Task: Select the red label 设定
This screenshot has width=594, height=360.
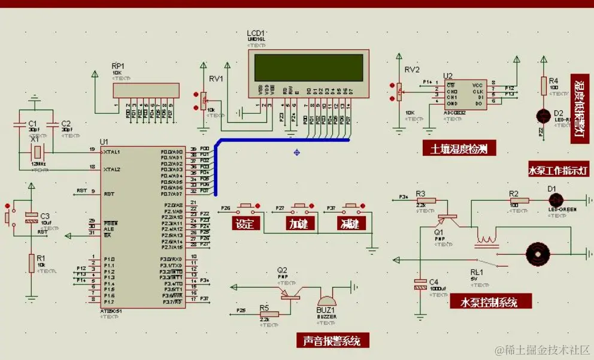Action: coord(246,225)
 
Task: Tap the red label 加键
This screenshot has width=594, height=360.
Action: coord(298,225)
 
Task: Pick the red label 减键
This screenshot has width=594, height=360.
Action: coord(349,225)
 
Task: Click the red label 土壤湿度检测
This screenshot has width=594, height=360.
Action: coord(459,149)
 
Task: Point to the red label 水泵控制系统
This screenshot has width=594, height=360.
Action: coord(489,301)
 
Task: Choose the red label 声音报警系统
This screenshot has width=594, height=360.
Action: coord(332,341)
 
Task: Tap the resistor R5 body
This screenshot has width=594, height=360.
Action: coord(269,314)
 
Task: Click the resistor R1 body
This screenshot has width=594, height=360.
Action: coord(31,262)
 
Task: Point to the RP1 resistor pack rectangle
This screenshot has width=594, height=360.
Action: coord(146,90)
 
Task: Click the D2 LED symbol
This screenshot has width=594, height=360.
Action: coord(543,116)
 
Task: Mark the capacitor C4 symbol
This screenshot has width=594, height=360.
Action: coord(419,288)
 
